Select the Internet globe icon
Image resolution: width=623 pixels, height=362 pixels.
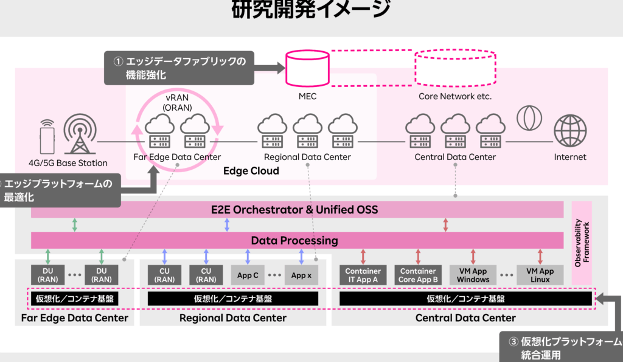[x=570, y=130]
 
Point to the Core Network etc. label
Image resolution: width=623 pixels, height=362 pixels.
[x=454, y=96]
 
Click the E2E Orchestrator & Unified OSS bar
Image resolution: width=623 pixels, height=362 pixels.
[x=297, y=210]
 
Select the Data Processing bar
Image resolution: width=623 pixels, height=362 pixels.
[x=297, y=240]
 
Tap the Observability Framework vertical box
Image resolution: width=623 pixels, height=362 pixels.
[x=582, y=243]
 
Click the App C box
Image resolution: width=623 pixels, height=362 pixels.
[x=248, y=275]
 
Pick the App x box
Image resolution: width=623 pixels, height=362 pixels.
[x=301, y=275]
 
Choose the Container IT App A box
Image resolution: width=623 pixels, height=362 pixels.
[x=363, y=275]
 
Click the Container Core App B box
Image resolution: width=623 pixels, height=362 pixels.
[x=418, y=275]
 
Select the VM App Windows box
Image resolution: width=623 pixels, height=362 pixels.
[x=473, y=275]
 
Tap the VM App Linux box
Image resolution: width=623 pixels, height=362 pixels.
[x=540, y=275]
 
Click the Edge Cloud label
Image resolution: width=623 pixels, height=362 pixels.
[x=251, y=171]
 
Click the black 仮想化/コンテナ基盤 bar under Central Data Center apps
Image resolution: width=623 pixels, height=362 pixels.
[x=465, y=299]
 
